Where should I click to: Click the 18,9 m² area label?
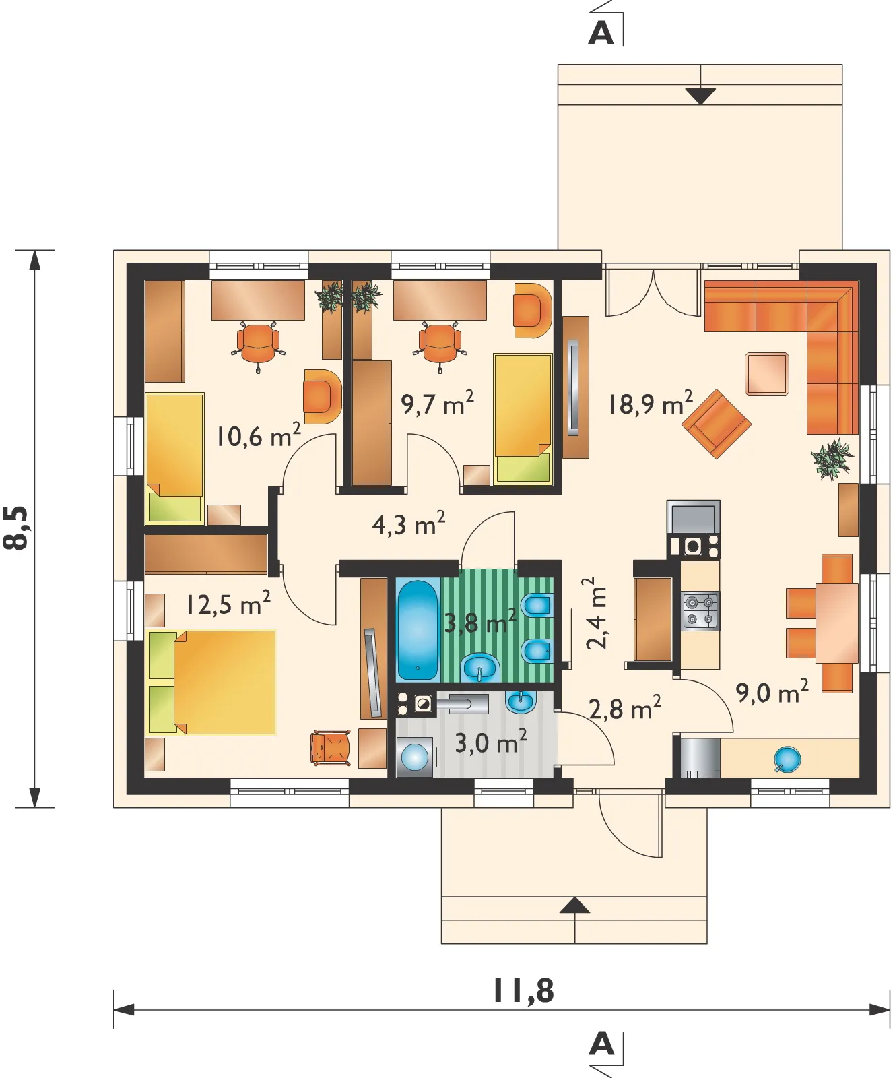pyautogui.click(x=650, y=404)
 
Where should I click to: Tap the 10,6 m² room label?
pyautogui.click(x=258, y=437)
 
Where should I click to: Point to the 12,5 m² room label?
pyautogui.click(x=228, y=604)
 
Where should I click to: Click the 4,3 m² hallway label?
pyautogui.click(x=409, y=524)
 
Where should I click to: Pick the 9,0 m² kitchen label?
pyautogui.click(x=772, y=692)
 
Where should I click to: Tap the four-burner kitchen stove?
pyautogui.click(x=700, y=610)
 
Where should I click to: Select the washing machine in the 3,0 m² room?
pyautogui.click(x=414, y=757)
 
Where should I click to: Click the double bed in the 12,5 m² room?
pyautogui.click(x=211, y=682)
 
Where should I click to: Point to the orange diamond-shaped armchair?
pyautogui.click(x=717, y=424)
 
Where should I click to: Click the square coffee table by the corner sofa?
pyautogui.click(x=766, y=374)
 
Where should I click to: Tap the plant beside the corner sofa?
pyautogui.click(x=832, y=459)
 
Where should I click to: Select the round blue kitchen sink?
pyautogui.click(x=787, y=759)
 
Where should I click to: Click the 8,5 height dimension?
pyautogui.click(x=16, y=528)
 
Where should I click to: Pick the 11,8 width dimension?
pyautogui.click(x=523, y=990)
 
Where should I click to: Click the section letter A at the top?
pyautogui.click(x=601, y=32)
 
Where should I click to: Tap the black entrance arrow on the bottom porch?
pyautogui.click(x=574, y=905)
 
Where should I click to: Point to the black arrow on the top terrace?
pyautogui.click(x=701, y=96)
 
